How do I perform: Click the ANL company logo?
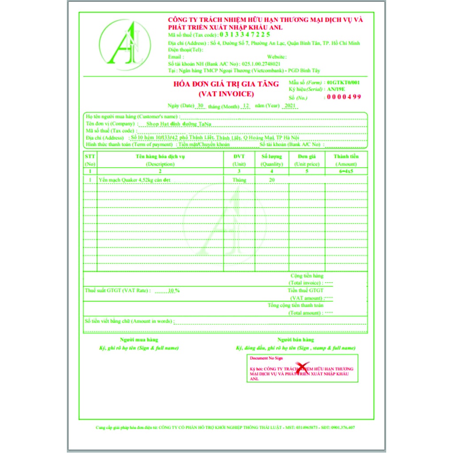click(125, 45)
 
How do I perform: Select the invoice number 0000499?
click(344, 97)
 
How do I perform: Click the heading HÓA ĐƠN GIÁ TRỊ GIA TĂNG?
click(226, 84)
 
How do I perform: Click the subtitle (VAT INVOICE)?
click(226, 94)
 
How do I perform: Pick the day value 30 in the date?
click(200, 106)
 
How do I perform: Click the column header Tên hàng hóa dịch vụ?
click(160, 156)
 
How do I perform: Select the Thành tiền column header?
click(346, 156)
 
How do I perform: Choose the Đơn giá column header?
click(307, 156)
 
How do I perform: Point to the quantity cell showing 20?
click(272, 180)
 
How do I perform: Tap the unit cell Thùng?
click(239, 180)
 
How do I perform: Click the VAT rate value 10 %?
click(174, 291)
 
